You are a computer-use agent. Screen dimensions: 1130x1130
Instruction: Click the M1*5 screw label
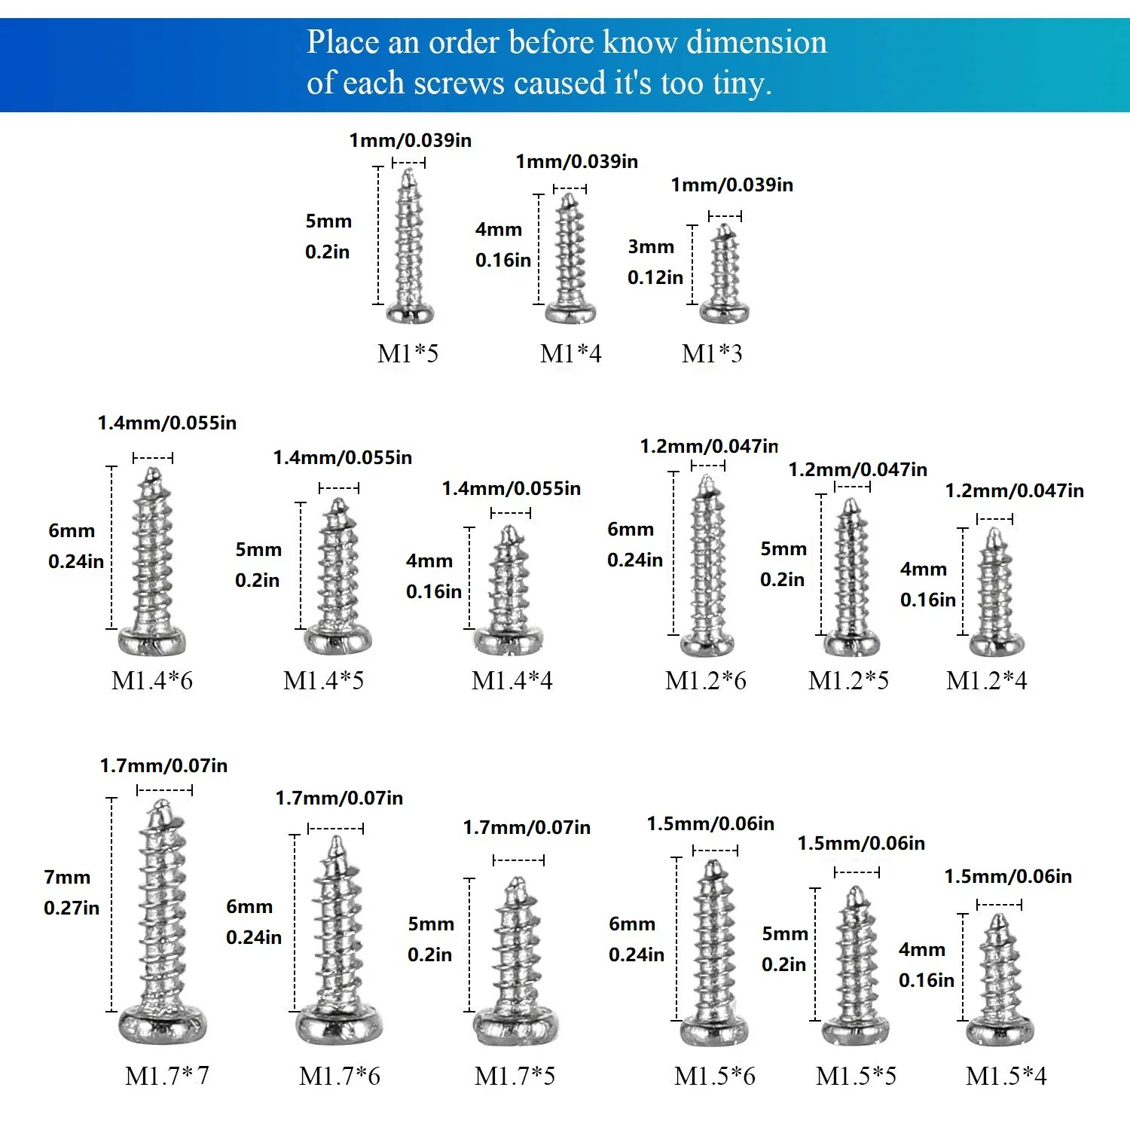pyautogui.click(x=408, y=353)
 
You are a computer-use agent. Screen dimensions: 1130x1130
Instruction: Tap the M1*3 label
pyautogui.click(x=712, y=353)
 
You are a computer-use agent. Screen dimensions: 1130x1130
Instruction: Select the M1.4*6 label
pyautogui.click(x=152, y=680)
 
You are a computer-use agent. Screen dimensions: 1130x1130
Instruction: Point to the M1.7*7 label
pyautogui.click(x=167, y=1076)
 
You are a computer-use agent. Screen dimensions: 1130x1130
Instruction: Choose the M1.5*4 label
pyautogui.click(x=1006, y=1076)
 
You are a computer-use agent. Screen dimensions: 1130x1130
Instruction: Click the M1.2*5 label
pyautogui.click(x=849, y=680)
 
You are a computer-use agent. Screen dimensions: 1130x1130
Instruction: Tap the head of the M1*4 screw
pyautogui.click(x=570, y=312)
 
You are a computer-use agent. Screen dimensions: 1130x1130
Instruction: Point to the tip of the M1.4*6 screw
pyautogui.click(x=153, y=470)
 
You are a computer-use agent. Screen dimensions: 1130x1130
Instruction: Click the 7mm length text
pyautogui.click(x=67, y=878)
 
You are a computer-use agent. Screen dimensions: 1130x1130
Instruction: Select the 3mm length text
pyautogui.click(x=651, y=247)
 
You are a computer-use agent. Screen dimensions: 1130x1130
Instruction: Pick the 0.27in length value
pyautogui.click(x=72, y=908)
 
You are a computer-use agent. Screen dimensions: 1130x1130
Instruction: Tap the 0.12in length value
pyautogui.click(x=655, y=277)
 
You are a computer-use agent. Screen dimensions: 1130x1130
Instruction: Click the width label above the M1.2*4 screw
pyautogui.click(x=1015, y=491)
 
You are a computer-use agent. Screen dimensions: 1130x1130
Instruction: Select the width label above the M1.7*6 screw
pyautogui.click(x=339, y=799)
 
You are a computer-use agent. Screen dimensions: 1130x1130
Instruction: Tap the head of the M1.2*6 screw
pyautogui.click(x=707, y=645)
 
